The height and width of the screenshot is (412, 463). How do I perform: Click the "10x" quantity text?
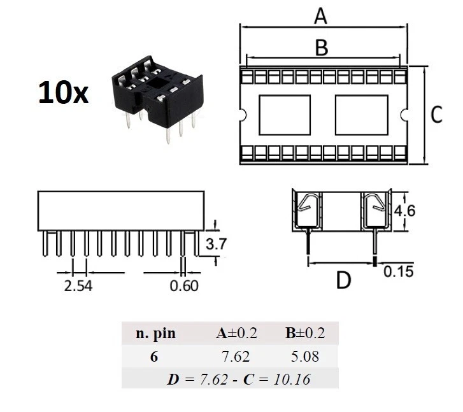[x=63, y=93]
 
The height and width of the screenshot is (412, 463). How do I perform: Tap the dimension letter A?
[x=321, y=15]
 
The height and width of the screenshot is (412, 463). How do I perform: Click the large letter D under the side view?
[x=343, y=280]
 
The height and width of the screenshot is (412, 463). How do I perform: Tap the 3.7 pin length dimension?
[x=212, y=243]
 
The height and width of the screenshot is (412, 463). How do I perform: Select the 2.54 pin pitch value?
[x=78, y=285]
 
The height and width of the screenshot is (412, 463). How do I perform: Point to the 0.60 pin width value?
[x=184, y=285]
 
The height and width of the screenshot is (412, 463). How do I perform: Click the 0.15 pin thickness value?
[x=398, y=272]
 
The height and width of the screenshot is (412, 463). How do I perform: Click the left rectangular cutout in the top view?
[x=285, y=115]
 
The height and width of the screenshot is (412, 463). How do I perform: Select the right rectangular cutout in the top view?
[x=362, y=115]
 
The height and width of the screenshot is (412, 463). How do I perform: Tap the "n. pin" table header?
[x=155, y=333]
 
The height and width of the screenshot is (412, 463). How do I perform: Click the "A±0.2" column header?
[x=236, y=333]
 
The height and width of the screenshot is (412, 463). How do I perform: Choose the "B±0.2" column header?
[x=304, y=333]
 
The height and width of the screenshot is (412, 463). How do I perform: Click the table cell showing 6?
[x=154, y=356]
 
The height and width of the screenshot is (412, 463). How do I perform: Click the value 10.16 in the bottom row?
[x=292, y=380]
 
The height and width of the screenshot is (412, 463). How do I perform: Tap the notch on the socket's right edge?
[x=404, y=115]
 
